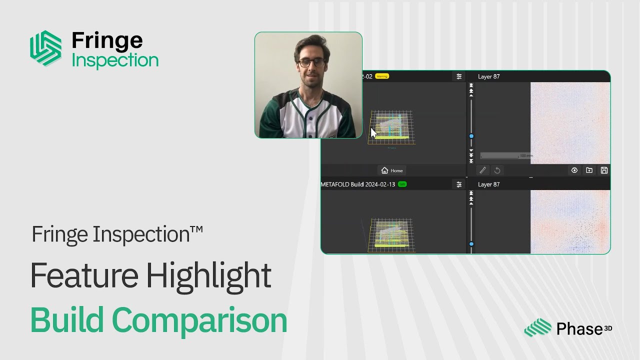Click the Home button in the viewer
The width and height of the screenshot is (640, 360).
coord(392,170)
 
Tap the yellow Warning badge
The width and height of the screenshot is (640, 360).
coord(382,76)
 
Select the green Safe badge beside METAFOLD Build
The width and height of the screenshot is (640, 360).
coord(402,184)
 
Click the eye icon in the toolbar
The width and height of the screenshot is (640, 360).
coord(574,170)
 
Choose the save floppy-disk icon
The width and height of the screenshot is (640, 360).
coord(604,170)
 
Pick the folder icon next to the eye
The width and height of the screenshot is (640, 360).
coord(589,170)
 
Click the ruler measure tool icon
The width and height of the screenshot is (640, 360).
coord(482,170)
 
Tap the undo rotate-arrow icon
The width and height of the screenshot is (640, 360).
coord(497,170)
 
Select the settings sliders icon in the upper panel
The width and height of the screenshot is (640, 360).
coord(459,76)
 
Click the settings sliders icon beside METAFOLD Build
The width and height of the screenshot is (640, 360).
coord(459,184)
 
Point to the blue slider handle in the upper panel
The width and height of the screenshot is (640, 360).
coord(471,136)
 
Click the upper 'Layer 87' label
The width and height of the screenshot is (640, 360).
coord(488,76)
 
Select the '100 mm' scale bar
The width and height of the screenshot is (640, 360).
coord(506,156)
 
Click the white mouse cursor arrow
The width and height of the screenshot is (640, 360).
coord(373,133)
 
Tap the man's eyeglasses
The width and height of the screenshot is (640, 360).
coord(311,63)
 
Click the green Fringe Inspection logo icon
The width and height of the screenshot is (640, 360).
coord(45,48)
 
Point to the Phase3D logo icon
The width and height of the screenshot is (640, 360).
coord(538,328)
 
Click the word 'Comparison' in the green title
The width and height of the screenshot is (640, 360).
coord(199,320)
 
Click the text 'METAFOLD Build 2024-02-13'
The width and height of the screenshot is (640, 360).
coord(357,184)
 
